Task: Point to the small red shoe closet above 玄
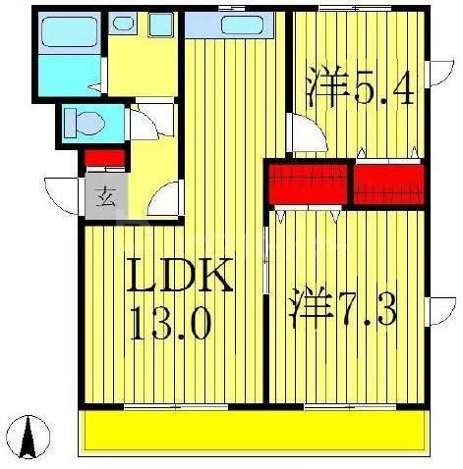104,157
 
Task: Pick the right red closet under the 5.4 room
388,184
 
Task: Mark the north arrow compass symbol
36,438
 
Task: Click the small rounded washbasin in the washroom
122,22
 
